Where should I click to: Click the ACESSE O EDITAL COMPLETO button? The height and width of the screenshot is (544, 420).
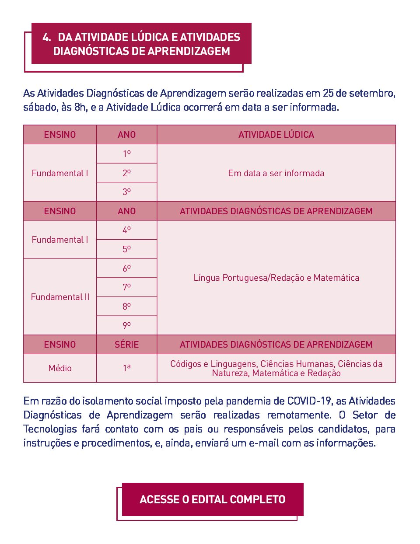pos(212,499)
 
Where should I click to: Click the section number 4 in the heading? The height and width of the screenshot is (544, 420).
pos(46,37)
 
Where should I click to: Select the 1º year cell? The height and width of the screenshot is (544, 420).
pos(126,154)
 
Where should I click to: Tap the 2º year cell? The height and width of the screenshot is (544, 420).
pos(126,173)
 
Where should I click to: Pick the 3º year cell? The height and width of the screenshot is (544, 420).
pos(126,192)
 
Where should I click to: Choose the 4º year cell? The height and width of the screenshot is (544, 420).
pos(126,230)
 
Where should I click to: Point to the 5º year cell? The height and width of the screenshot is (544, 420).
pos(126,249)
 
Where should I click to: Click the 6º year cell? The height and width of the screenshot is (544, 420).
pos(126,268)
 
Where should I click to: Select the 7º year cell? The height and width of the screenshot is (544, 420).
pos(126,287)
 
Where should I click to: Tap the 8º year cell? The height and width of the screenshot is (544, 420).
pos(126,306)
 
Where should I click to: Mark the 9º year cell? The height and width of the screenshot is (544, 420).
pos(126,325)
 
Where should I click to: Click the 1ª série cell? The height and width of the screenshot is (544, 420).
pos(126,368)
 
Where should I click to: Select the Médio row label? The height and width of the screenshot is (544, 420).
pos(60,368)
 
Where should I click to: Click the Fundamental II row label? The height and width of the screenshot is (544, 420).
pos(60,297)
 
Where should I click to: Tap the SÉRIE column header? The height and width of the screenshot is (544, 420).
pos(126,345)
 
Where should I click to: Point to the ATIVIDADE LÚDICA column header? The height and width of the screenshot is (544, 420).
pos(276,135)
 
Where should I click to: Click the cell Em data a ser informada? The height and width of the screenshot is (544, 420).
pos(276,173)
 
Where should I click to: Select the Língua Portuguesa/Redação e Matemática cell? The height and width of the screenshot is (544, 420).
pos(276,278)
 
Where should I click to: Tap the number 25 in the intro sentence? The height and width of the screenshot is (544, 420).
pos(328,93)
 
